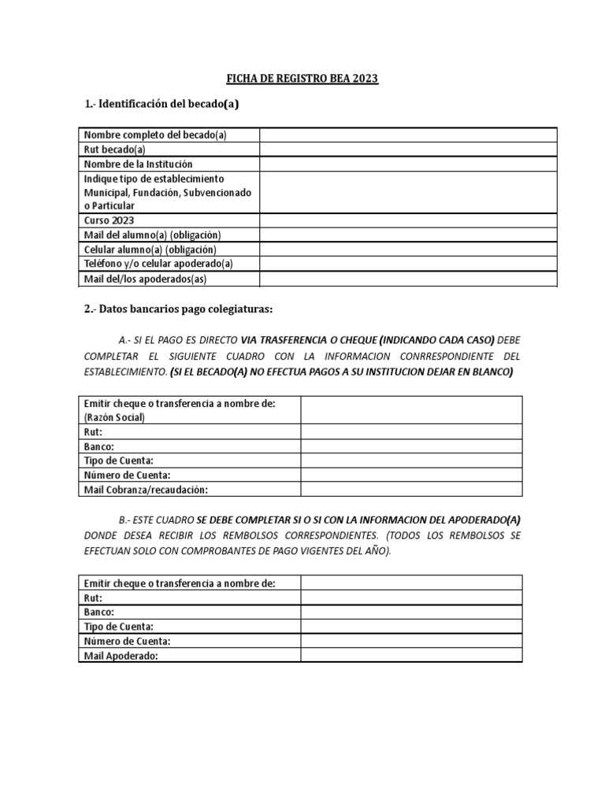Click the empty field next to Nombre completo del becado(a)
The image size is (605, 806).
point(408,135)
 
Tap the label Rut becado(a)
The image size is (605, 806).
point(115,150)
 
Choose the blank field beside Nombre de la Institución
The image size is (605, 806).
point(408,164)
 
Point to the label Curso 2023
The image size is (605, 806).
point(109,220)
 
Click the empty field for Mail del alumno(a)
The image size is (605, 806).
point(408,235)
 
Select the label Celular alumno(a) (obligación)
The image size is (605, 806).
point(150,250)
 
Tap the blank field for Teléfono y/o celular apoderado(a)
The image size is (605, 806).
point(408,264)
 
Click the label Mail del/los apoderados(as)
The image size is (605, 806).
point(145,279)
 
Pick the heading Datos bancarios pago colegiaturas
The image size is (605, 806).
point(178,309)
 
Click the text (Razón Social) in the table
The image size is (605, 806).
point(115,417)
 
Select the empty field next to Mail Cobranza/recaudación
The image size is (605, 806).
point(411,490)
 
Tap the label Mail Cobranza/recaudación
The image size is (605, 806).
point(146,490)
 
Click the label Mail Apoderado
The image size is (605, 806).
point(121,655)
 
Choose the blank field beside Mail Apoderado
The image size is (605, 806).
point(411,655)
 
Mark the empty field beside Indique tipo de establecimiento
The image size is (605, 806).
point(408,192)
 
